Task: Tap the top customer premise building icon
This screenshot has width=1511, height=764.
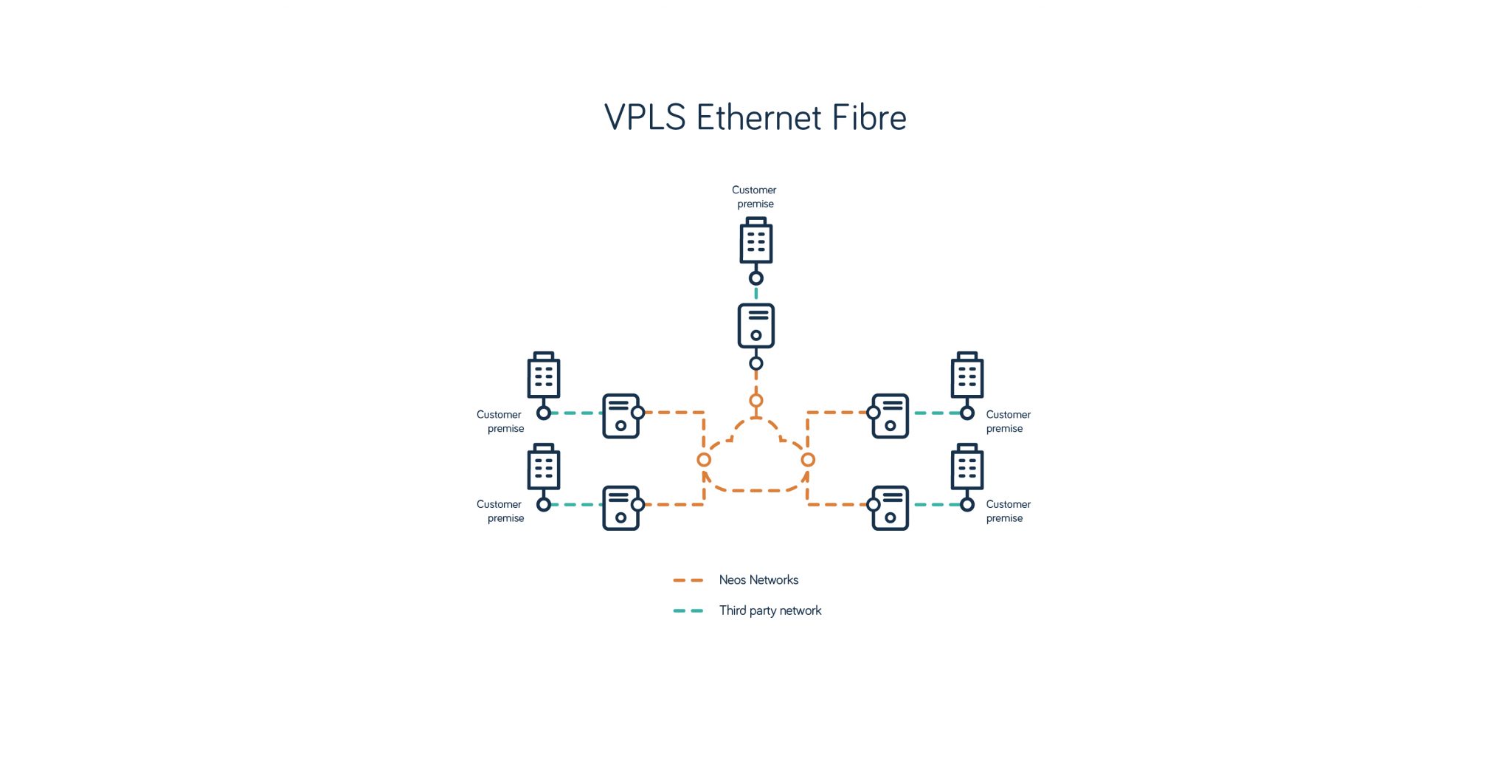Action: pyautogui.click(x=755, y=241)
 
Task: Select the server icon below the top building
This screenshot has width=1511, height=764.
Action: pyautogui.click(x=755, y=326)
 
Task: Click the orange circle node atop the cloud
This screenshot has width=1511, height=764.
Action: pyautogui.click(x=755, y=401)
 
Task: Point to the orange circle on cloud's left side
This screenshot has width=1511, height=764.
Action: pyautogui.click(x=704, y=460)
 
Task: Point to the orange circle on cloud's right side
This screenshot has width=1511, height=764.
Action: pyautogui.click(x=808, y=460)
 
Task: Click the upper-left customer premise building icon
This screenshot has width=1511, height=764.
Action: pyautogui.click(x=544, y=376)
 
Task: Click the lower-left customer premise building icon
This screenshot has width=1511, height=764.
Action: pyautogui.click(x=544, y=467)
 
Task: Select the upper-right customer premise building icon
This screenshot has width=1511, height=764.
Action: pyautogui.click(x=967, y=376)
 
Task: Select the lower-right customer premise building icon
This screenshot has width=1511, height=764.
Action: pyautogui.click(x=967, y=467)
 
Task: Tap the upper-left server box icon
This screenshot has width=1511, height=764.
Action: pyautogui.click(x=620, y=416)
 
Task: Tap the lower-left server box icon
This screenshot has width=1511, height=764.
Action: pyautogui.click(x=620, y=508)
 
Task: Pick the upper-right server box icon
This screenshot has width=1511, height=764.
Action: pyautogui.click(x=891, y=416)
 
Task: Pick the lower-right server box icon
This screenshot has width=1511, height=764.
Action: pyautogui.click(x=891, y=508)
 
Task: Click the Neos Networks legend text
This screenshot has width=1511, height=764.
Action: pyautogui.click(x=758, y=580)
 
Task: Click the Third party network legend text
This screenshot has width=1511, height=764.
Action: pyautogui.click(x=770, y=610)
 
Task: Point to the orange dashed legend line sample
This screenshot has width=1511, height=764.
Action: pyautogui.click(x=688, y=580)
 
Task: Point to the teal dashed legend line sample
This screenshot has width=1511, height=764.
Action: pyautogui.click(x=688, y=610)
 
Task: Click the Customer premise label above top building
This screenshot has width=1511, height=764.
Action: pyautogui.click(x=754, y=196)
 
